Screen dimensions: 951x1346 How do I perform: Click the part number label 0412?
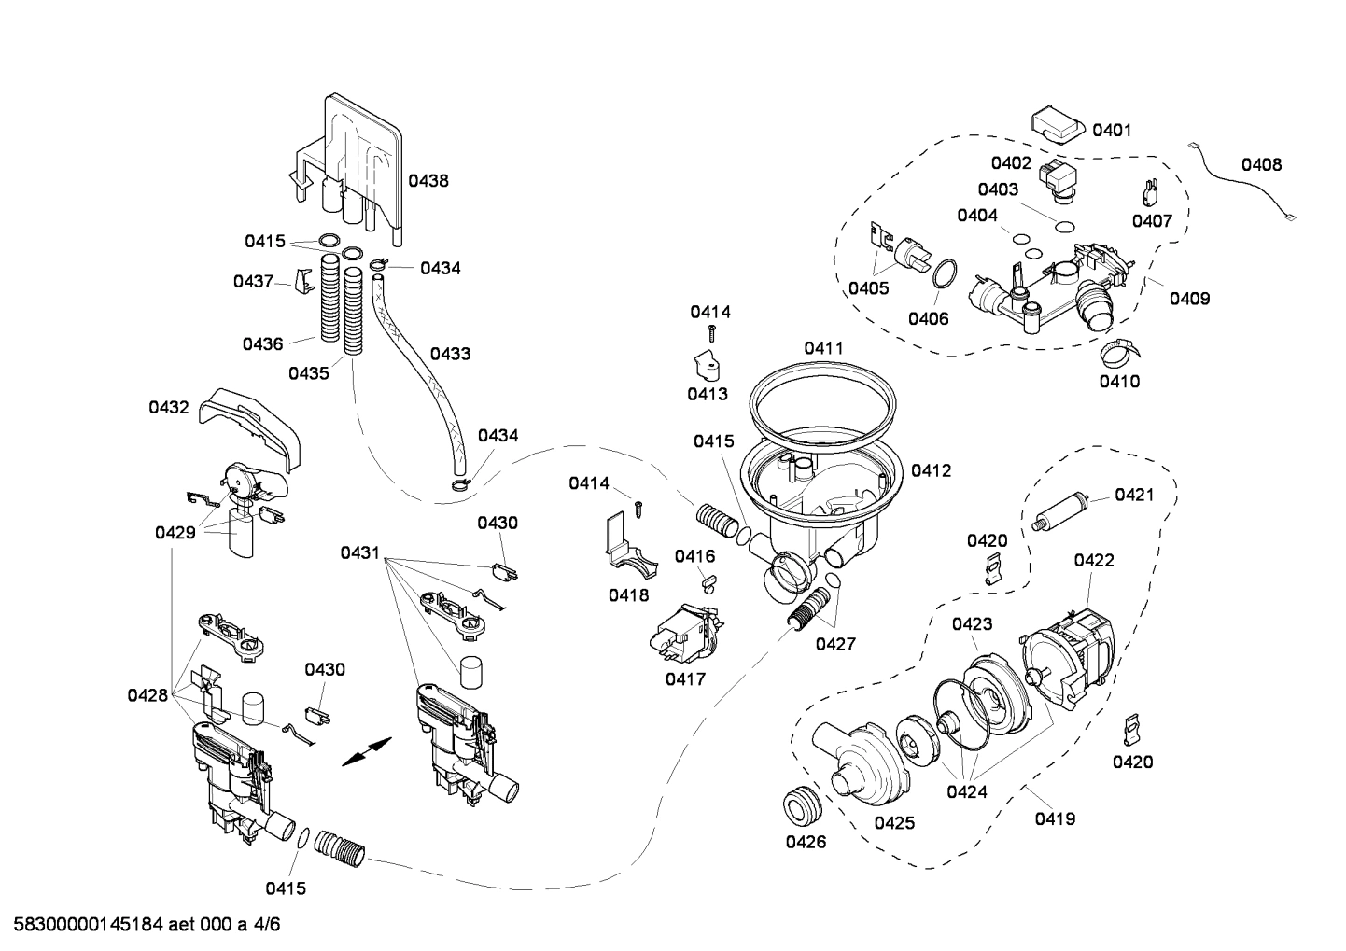click(931, 471)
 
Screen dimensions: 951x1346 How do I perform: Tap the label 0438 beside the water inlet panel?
click(428, 181)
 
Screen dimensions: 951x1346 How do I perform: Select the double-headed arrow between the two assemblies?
click(367, 750)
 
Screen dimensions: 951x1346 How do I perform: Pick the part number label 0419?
click(1055, 819)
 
